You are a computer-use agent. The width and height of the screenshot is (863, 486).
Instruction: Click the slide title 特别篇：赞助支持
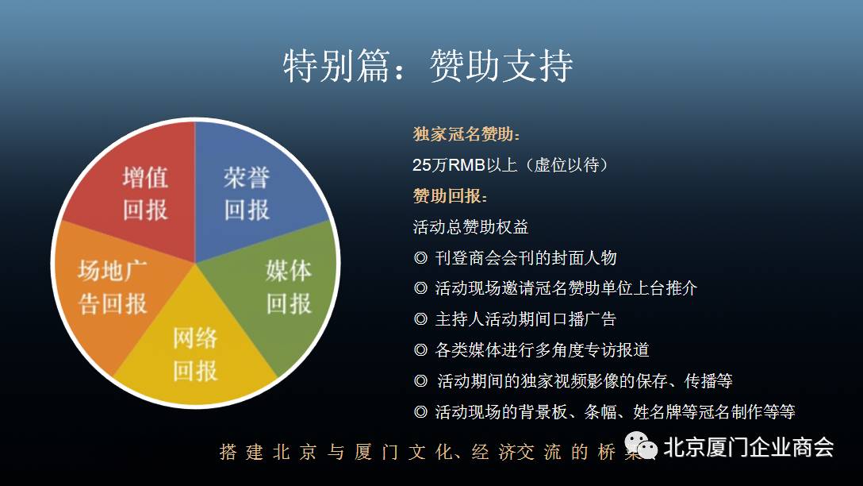428,66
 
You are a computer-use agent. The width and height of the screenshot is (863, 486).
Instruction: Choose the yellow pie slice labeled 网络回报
195,347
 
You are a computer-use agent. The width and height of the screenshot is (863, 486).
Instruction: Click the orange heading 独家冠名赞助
466,134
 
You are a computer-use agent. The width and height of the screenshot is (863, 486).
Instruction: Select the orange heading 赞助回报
450,195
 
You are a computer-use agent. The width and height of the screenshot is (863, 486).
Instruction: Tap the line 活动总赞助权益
470,226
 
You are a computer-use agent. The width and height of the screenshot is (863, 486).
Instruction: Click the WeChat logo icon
641,445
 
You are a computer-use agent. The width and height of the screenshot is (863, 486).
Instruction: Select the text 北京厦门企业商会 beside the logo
749,447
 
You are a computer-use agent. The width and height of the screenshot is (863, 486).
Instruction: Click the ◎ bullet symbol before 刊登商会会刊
420,258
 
